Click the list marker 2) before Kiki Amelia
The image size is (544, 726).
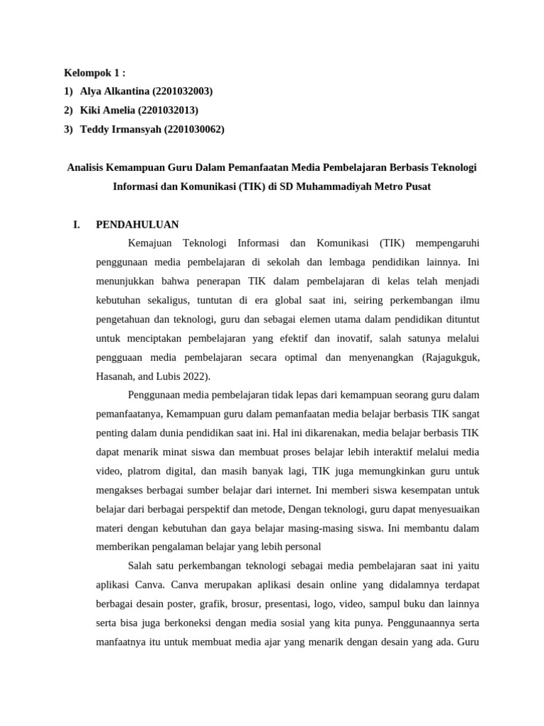click(69, 110)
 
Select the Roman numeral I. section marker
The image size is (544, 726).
click(76, 225)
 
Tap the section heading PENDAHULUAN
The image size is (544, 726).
click(137, 225)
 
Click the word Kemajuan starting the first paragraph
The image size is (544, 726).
click(150, 243)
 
